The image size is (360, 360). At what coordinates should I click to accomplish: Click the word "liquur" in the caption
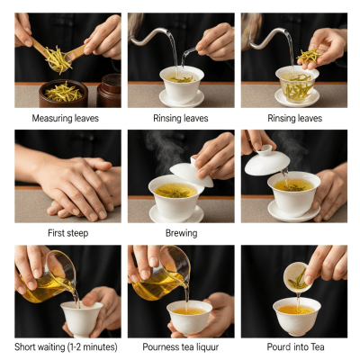[206, 346]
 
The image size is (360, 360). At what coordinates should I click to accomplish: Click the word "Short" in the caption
[28, 346]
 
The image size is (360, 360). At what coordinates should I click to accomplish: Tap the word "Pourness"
[163, 346]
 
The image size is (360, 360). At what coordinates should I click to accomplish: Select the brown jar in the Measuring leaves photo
[109, 90]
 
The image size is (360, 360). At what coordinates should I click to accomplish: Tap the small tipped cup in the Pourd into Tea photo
[297, 276]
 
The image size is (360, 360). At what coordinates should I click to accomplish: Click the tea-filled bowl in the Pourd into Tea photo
[296, 315]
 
